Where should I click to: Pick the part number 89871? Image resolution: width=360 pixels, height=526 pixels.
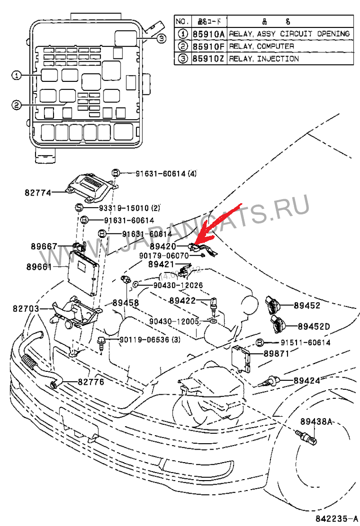click(276, 354)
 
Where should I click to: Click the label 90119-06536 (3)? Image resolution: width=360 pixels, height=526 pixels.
click(150, 340)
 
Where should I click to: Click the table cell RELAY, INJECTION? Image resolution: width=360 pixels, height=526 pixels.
click(264, 59)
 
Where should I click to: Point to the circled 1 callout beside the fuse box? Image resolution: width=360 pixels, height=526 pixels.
click(16, 76)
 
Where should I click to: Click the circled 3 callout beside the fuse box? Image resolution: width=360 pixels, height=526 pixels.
click(162, 39)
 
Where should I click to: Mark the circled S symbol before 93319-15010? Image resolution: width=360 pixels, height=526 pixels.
click(78, 208)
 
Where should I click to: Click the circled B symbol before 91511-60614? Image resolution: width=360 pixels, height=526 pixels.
click(260, 343)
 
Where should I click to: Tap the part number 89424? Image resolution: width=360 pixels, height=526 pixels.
click(307, 380)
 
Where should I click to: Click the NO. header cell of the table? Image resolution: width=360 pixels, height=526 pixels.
click(182, 21)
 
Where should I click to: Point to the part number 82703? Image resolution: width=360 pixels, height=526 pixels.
click(26, 309)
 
